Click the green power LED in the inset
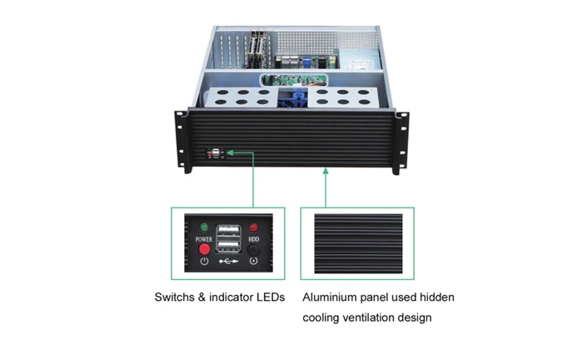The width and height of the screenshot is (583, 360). coord(204,227)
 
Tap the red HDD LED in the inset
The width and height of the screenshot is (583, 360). coord(253,227)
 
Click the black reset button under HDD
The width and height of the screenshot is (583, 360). coord(253,249)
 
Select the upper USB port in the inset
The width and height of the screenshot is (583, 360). coord(229,231)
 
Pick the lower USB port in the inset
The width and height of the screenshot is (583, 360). coord(229,246)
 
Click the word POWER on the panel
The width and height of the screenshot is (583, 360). coord(204,239)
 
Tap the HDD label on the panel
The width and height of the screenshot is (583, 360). coord(253,239)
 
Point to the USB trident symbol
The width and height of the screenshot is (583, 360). coord(229,262)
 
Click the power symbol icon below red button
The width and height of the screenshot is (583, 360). coord(204,261)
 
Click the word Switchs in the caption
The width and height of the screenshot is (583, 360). coord(174,297)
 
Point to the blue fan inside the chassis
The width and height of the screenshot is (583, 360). coord(294,98)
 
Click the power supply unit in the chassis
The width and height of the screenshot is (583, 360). coord(360,59)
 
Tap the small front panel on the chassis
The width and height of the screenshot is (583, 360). coord(216,153)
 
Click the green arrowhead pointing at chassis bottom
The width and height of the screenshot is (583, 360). coord(326,171)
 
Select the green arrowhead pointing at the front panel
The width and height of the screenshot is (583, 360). coord(230,152)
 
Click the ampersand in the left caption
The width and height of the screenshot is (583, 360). coord(202,297)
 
